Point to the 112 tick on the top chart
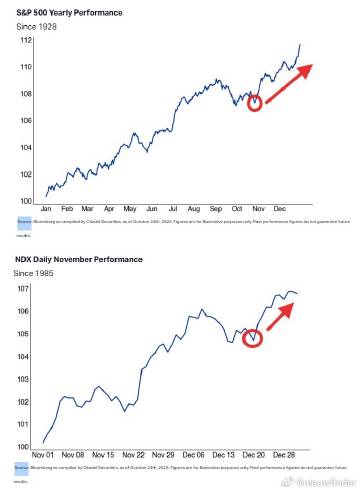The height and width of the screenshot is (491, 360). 27,40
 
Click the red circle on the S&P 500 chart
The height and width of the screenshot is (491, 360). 254,103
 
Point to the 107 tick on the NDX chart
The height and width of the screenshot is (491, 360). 27,289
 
